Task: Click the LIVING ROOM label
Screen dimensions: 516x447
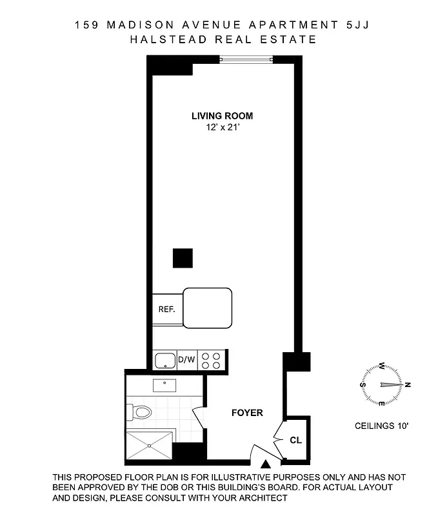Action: (x=222, y=116)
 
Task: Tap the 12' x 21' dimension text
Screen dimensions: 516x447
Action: (x=222, y=128)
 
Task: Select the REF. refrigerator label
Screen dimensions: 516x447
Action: (x=167, y=309)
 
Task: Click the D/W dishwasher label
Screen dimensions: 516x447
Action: (x=186, y=359)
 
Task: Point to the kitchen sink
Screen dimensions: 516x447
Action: (x=165, y=359)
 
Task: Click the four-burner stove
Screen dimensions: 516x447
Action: (x=211, y=359)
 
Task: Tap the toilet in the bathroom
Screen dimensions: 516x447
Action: (x=141, y=410)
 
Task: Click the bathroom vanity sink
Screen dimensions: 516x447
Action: (x=164, y=386)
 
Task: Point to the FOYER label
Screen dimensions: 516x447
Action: (x=247, y=413)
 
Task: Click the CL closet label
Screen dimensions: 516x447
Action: (x=295, y=441)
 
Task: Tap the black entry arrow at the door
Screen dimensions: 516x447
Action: (x=266, y=462)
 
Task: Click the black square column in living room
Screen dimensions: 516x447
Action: (x=183, y=258)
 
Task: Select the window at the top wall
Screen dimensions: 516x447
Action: (x=246, y=60)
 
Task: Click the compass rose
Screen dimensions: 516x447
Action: (x=383, y=384)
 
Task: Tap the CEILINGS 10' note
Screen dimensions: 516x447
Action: (x=382, y=426)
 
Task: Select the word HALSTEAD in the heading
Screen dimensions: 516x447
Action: (x=163, y=39)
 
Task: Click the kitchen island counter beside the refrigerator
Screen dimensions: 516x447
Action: (x=208, y=307)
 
